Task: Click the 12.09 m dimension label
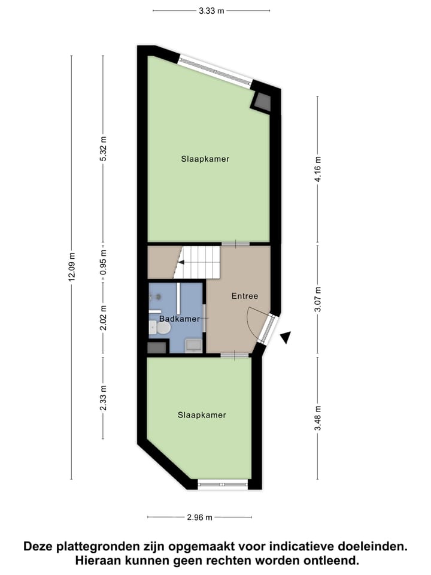click(71, 267)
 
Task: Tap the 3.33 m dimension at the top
click(211, 11)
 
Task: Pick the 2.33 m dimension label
click(103, 398)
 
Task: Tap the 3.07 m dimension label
click(318, 301)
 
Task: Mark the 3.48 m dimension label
click(318, 419)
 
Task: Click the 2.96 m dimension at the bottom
click(199, 517)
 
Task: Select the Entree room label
click(244, 296)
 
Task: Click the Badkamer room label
click(180, 319)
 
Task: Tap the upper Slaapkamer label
click(205, 159)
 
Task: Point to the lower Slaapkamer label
click(202, 414)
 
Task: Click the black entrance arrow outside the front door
click(286, 338)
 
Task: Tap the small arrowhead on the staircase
click(181, 262)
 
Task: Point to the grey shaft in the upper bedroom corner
click(262, 102)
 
